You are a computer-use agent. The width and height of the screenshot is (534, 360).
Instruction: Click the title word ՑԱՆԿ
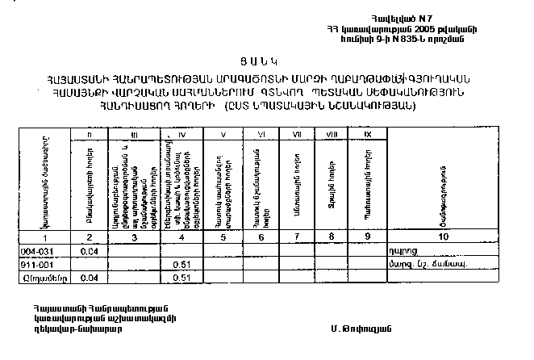point(267,61)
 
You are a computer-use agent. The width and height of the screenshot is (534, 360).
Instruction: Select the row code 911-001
point(35,263)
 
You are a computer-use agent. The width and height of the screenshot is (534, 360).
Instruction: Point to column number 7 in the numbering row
point(298,237)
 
